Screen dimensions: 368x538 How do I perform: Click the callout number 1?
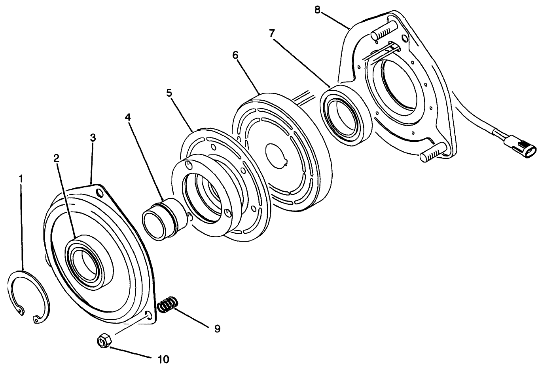pyautogui.click(x=21, y=179)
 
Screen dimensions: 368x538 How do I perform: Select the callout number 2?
pyautogui.click(x=57, y=158)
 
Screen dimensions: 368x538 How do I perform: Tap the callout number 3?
pyautogui.click(x=93, y=138)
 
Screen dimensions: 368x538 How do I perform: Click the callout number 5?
pyautogui.click(x=169, y=94)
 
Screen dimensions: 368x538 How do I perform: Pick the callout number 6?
pyautogui.click(x=235, y=55)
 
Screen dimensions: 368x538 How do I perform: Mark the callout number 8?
pyautogui.click(x=317, y=10)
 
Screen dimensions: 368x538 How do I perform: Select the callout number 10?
pyautogui.click(x=163, y=359)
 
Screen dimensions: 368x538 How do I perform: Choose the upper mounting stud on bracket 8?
pyautogui.click(x=383, y=31)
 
